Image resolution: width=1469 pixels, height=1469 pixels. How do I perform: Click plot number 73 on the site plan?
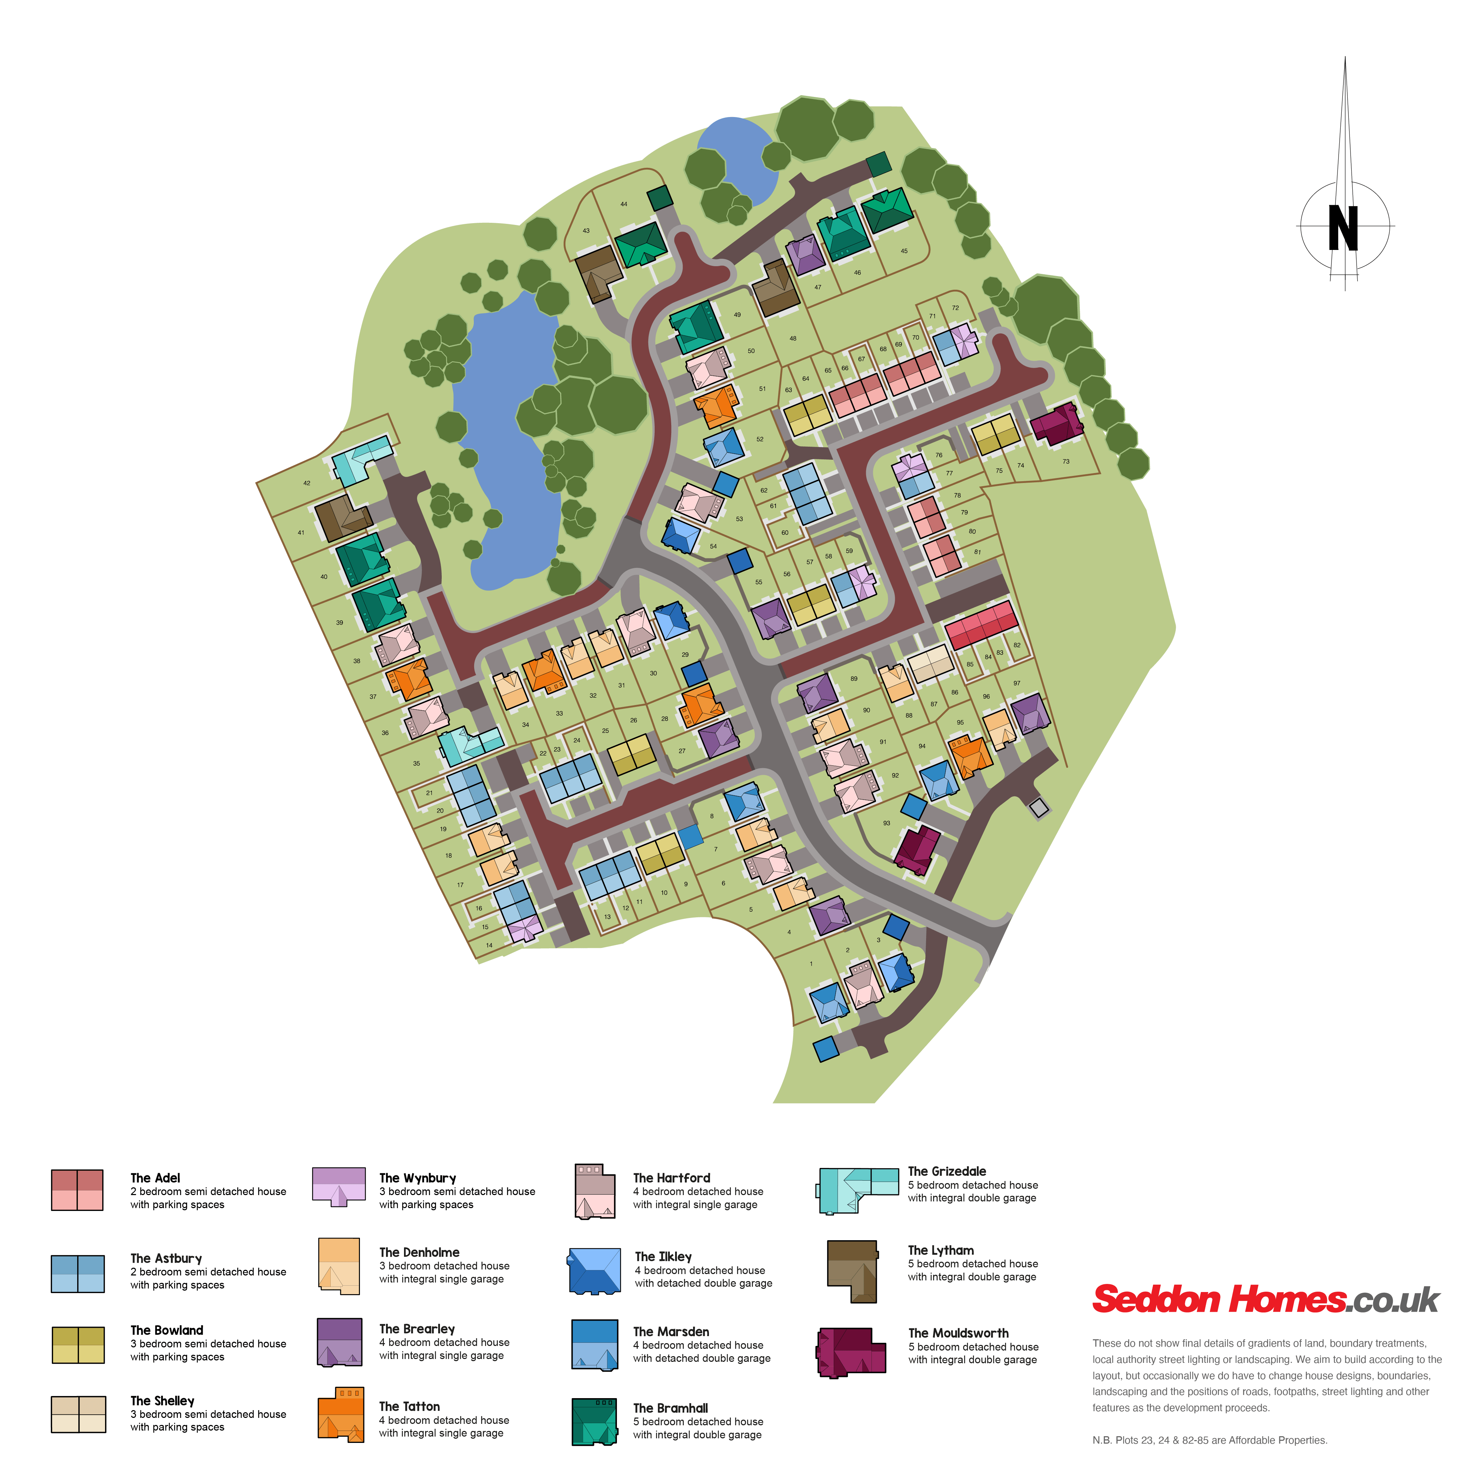[1066, 461]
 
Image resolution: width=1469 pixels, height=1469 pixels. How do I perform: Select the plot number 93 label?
[887, 823]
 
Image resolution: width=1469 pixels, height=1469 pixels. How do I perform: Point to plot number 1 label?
[811, 964]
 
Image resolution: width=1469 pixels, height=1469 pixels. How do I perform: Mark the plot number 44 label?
[624, 204]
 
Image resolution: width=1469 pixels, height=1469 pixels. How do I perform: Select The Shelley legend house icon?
[78, 1414]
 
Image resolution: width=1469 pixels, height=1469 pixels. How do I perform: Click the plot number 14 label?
[489, 945]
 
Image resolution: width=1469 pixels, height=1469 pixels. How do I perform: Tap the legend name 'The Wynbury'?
[417, 1178]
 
